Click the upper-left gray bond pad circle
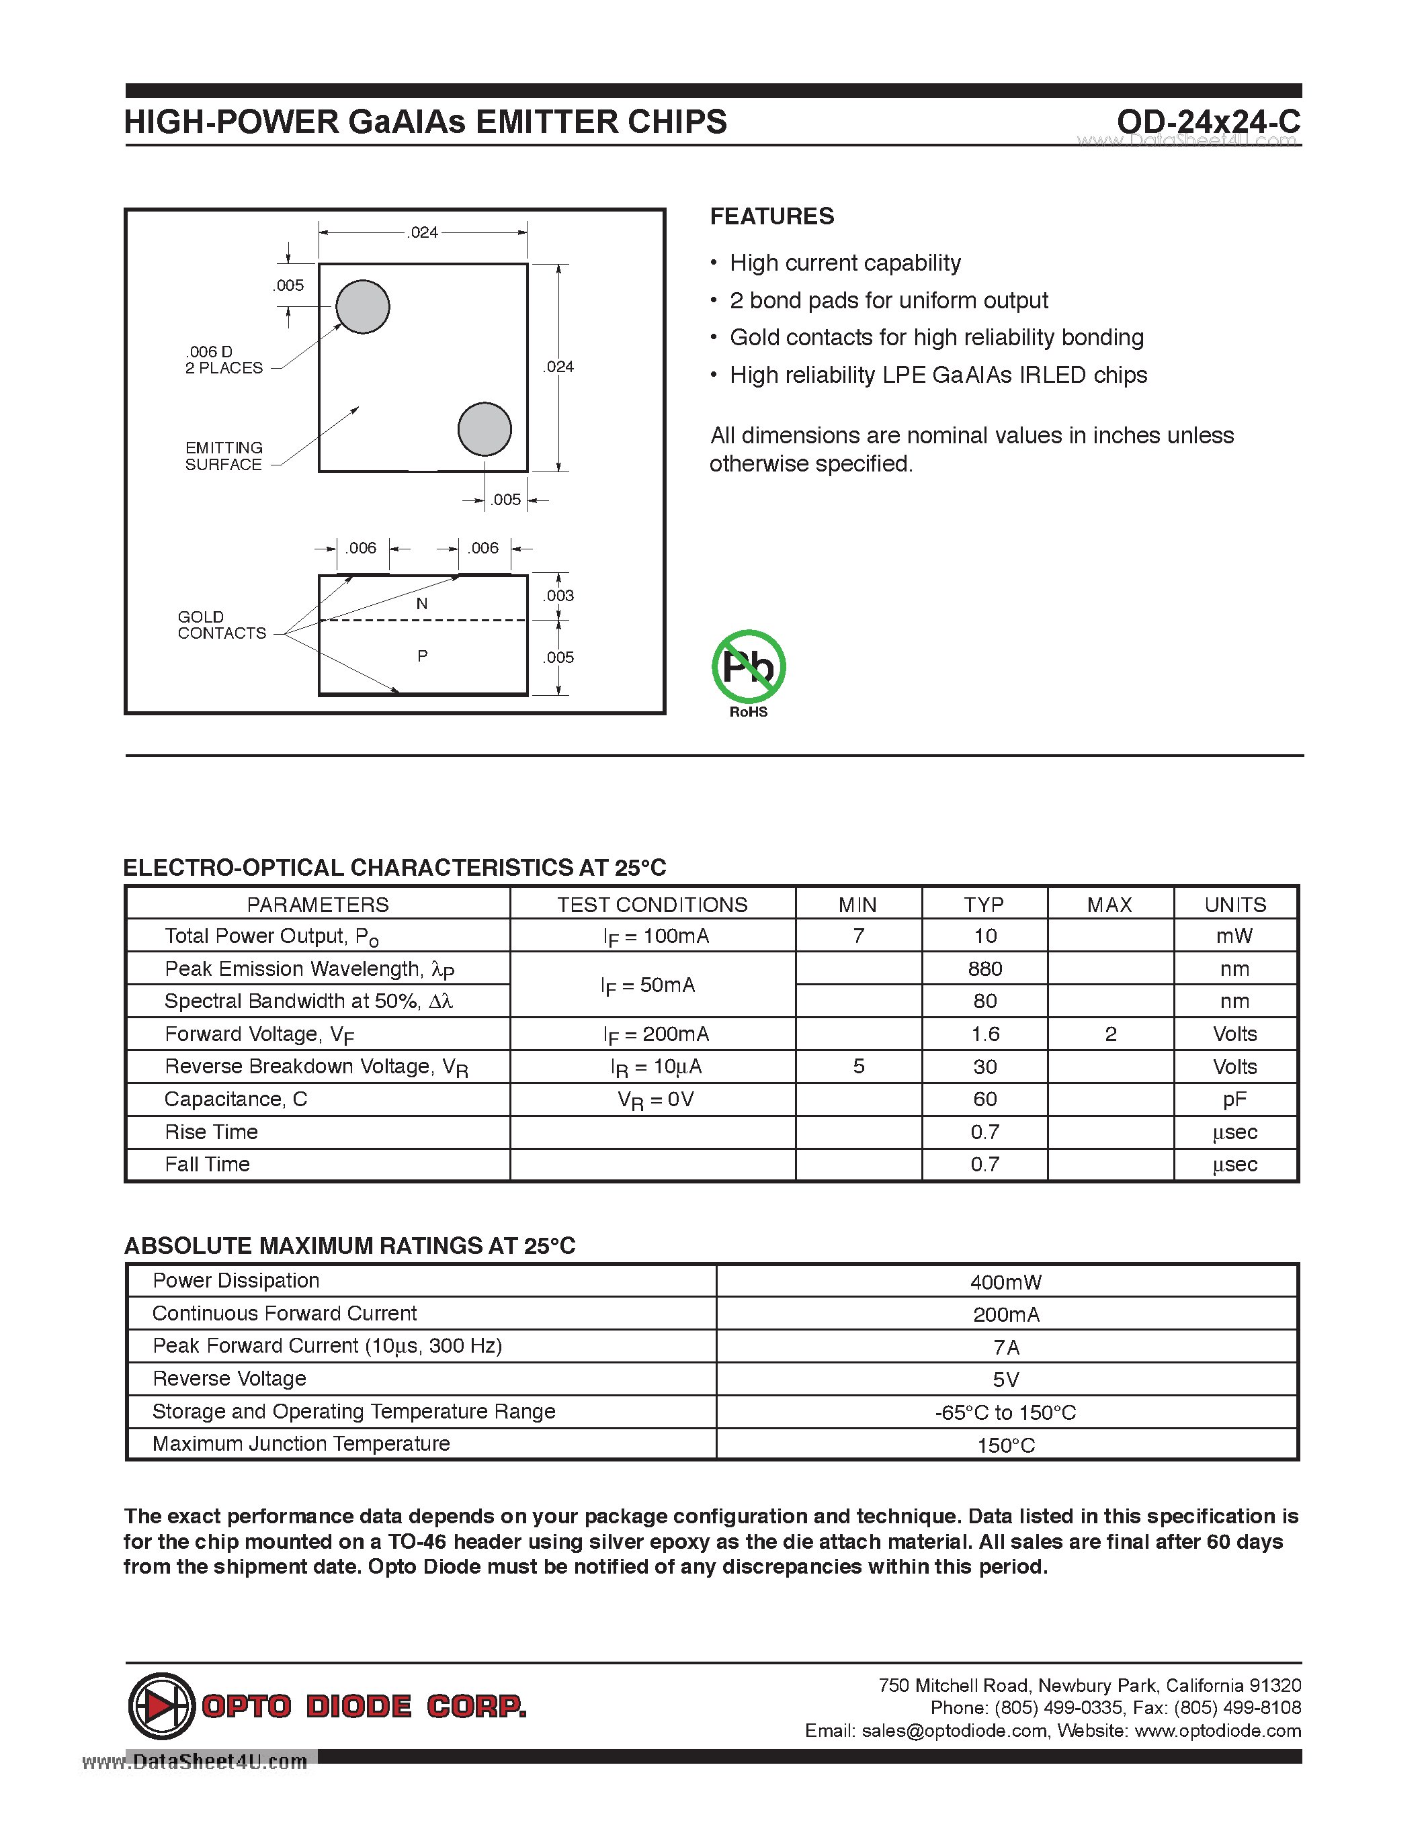point(363,306)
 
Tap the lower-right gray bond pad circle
point(485,429)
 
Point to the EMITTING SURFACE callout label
point(224,456)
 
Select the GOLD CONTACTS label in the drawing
point(221,625)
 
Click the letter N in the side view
point(422,604)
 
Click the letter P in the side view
point(422,656)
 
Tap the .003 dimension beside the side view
point(558,595)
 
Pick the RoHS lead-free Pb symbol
point(749,667)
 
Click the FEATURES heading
point(771,216)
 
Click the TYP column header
point(984,904)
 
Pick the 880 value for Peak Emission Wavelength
point(984,968)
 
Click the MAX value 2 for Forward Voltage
point(1111,1034)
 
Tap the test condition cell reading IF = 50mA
point(648,985)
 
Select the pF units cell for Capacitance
point(1234,1099)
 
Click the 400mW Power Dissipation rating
point(1005,1281)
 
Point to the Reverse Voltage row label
point(229,1378)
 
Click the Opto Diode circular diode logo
point(161,1706)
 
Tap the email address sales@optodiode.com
point(954,1730)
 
